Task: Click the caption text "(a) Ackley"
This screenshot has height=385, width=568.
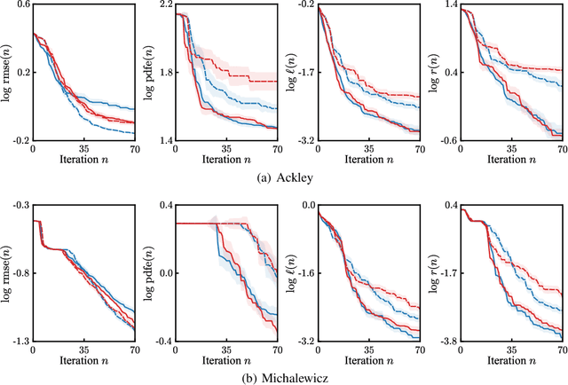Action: coord(284,176)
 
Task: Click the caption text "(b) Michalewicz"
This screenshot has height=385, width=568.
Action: coord(284,376)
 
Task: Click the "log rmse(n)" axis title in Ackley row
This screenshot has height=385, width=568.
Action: coord(7,73)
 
